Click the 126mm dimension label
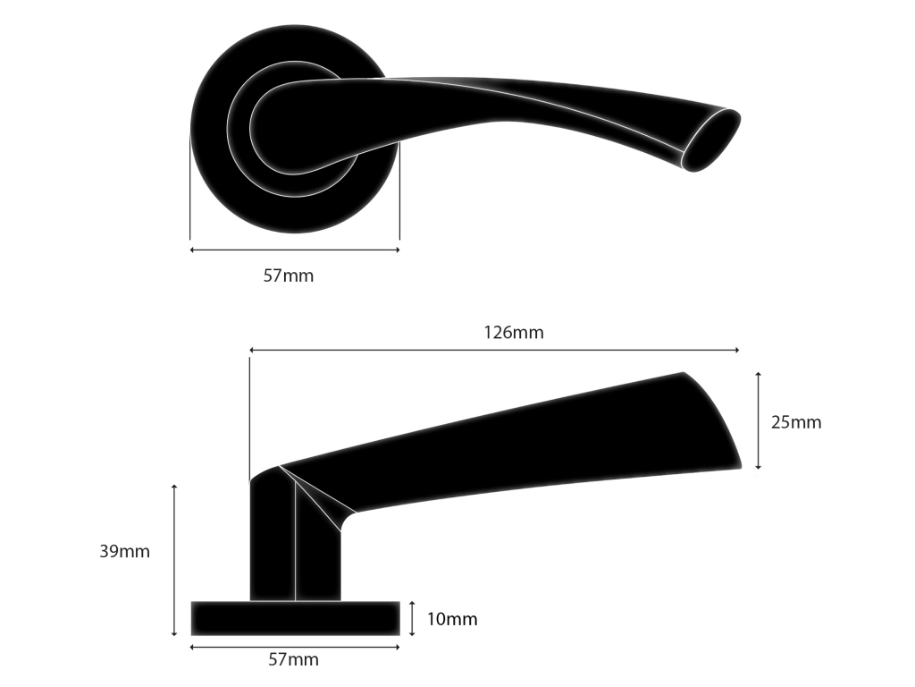(x=514, y=333)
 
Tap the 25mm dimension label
(x=795, y=422)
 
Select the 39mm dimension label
(x=124, y=551)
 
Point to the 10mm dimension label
(x=451, y=619)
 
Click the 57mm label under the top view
(x=289, y=276)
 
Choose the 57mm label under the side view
(x=293, y=660)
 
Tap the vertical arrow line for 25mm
(x=758, y=420)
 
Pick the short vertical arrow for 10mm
(x=412, y=618)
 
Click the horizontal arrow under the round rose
(x=295, y=250)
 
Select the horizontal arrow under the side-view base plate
(x=295, y=646)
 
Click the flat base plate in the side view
(x=295, y=618)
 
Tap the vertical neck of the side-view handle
(x=273, y=546)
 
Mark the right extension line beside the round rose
(x=399, y=192)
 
